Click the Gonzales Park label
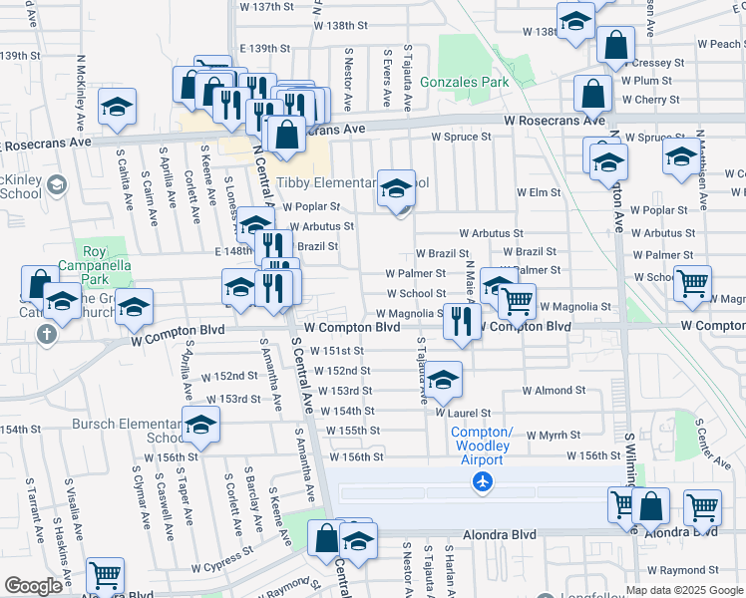pyautogui.click(x=465, y=81)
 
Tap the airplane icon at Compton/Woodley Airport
pyautogui.click(x=483, y=481)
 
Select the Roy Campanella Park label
pyautogui.click(x=95, y=259)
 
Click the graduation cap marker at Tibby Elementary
pyautogui.click(x=396, y=187)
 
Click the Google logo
pyautogui.click(x=33, y=586)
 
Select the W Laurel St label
pyautogui.click(x=462, y=413)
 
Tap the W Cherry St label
pyautogui.click(x=650, y=100)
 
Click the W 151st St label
pyautogui.click(x=336, y=351)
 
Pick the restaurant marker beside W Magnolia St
pyautogui.click(x=460, y=320)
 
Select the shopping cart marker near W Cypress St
pyautogui.click(x=105, y=575)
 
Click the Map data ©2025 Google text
pyautogui.click(x=683, y=590)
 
